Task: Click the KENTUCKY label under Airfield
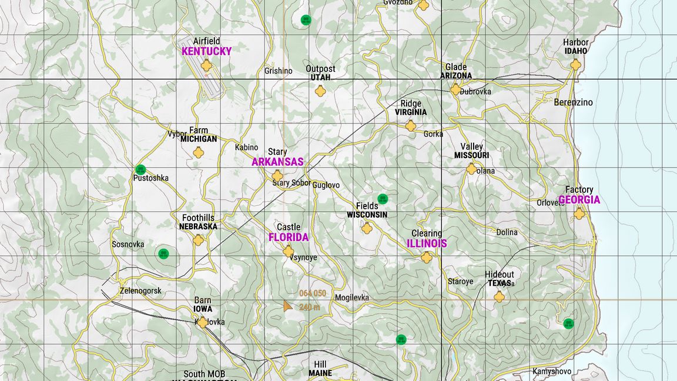206,51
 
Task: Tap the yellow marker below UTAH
320,91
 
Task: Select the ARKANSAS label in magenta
277,162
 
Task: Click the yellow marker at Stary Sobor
277,176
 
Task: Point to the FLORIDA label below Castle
288,238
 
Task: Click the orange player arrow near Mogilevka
287,306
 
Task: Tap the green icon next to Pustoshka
140,170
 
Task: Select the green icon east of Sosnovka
163,254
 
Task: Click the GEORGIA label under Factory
579,200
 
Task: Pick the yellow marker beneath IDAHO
575,65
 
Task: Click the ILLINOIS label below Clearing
427,243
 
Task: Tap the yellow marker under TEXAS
499,297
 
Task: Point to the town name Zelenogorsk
140,290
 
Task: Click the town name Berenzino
573,102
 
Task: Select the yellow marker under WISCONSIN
367,228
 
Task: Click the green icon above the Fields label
383,199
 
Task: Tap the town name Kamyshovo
551,371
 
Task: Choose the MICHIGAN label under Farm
199,139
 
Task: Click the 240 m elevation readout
309,307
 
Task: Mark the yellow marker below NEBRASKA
199,240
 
